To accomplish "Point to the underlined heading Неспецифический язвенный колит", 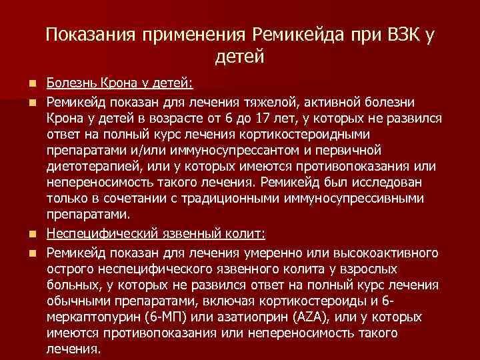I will point(156,234).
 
